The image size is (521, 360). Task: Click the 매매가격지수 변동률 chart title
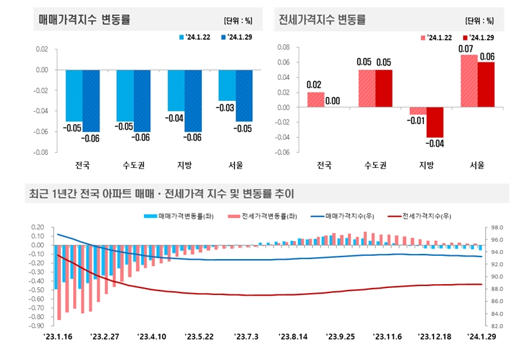click(84, 19)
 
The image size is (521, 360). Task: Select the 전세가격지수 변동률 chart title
click(322, 19)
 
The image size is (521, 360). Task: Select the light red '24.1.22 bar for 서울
click(470, 81)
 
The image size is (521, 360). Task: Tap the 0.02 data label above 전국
click(314, 85)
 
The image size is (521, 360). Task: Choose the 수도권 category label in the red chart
click(375, 165)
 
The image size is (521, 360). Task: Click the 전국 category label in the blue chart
click(82, 165)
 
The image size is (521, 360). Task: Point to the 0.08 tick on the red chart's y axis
click(282, 48)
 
